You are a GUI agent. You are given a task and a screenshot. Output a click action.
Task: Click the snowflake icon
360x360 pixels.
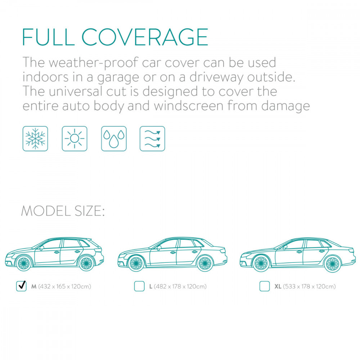[35, 139]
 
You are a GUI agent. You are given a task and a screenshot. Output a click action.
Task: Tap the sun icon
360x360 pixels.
[75, 139]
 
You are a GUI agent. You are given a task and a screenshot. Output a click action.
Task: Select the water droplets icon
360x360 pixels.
[114, 139]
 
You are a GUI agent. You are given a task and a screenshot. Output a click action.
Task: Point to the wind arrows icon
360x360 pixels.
[152, 139]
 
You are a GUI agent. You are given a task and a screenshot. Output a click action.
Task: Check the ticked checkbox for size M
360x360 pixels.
[21, 286]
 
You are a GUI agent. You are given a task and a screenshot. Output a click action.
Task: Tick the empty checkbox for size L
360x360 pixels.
[139, 286]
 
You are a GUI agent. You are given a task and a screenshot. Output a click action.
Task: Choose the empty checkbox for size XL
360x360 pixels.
[265, 286]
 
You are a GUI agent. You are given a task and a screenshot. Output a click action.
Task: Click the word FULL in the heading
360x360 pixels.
[49, 37]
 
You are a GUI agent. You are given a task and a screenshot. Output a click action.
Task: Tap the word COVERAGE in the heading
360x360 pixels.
[145, 37]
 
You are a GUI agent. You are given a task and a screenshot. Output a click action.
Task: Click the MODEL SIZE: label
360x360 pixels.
[63, 211]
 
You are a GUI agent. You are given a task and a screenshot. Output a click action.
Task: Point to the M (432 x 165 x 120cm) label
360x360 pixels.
[61, 286]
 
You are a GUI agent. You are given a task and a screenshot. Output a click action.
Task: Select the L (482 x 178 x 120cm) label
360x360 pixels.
[178, 286]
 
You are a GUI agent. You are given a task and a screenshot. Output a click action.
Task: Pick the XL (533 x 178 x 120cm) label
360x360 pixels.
[305, 286]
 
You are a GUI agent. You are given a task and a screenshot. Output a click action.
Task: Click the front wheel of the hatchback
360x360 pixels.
[24, 263]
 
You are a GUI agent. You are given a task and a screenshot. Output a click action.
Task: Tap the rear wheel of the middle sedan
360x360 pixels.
[205, 264]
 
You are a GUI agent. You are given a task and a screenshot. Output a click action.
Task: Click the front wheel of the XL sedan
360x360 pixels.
[261, 264]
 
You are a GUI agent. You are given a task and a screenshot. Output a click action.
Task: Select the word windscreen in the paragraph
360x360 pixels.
[189, 106]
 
